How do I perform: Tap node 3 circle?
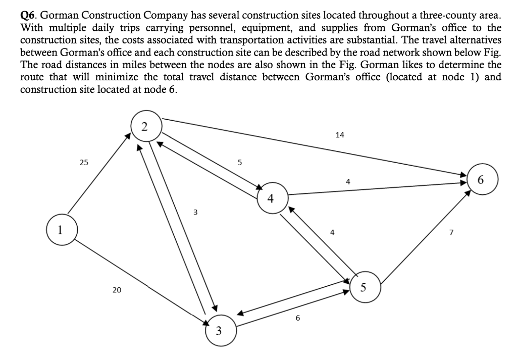[x=219, y=331]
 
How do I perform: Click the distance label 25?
[x=84, y=162]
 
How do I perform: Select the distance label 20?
[x=117, y=290]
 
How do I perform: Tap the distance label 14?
[x=340, y=135]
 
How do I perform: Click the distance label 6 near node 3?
[x=297, y=318]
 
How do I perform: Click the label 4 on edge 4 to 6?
[x=347, y=180]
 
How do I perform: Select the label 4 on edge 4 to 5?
[x=332, y=233]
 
